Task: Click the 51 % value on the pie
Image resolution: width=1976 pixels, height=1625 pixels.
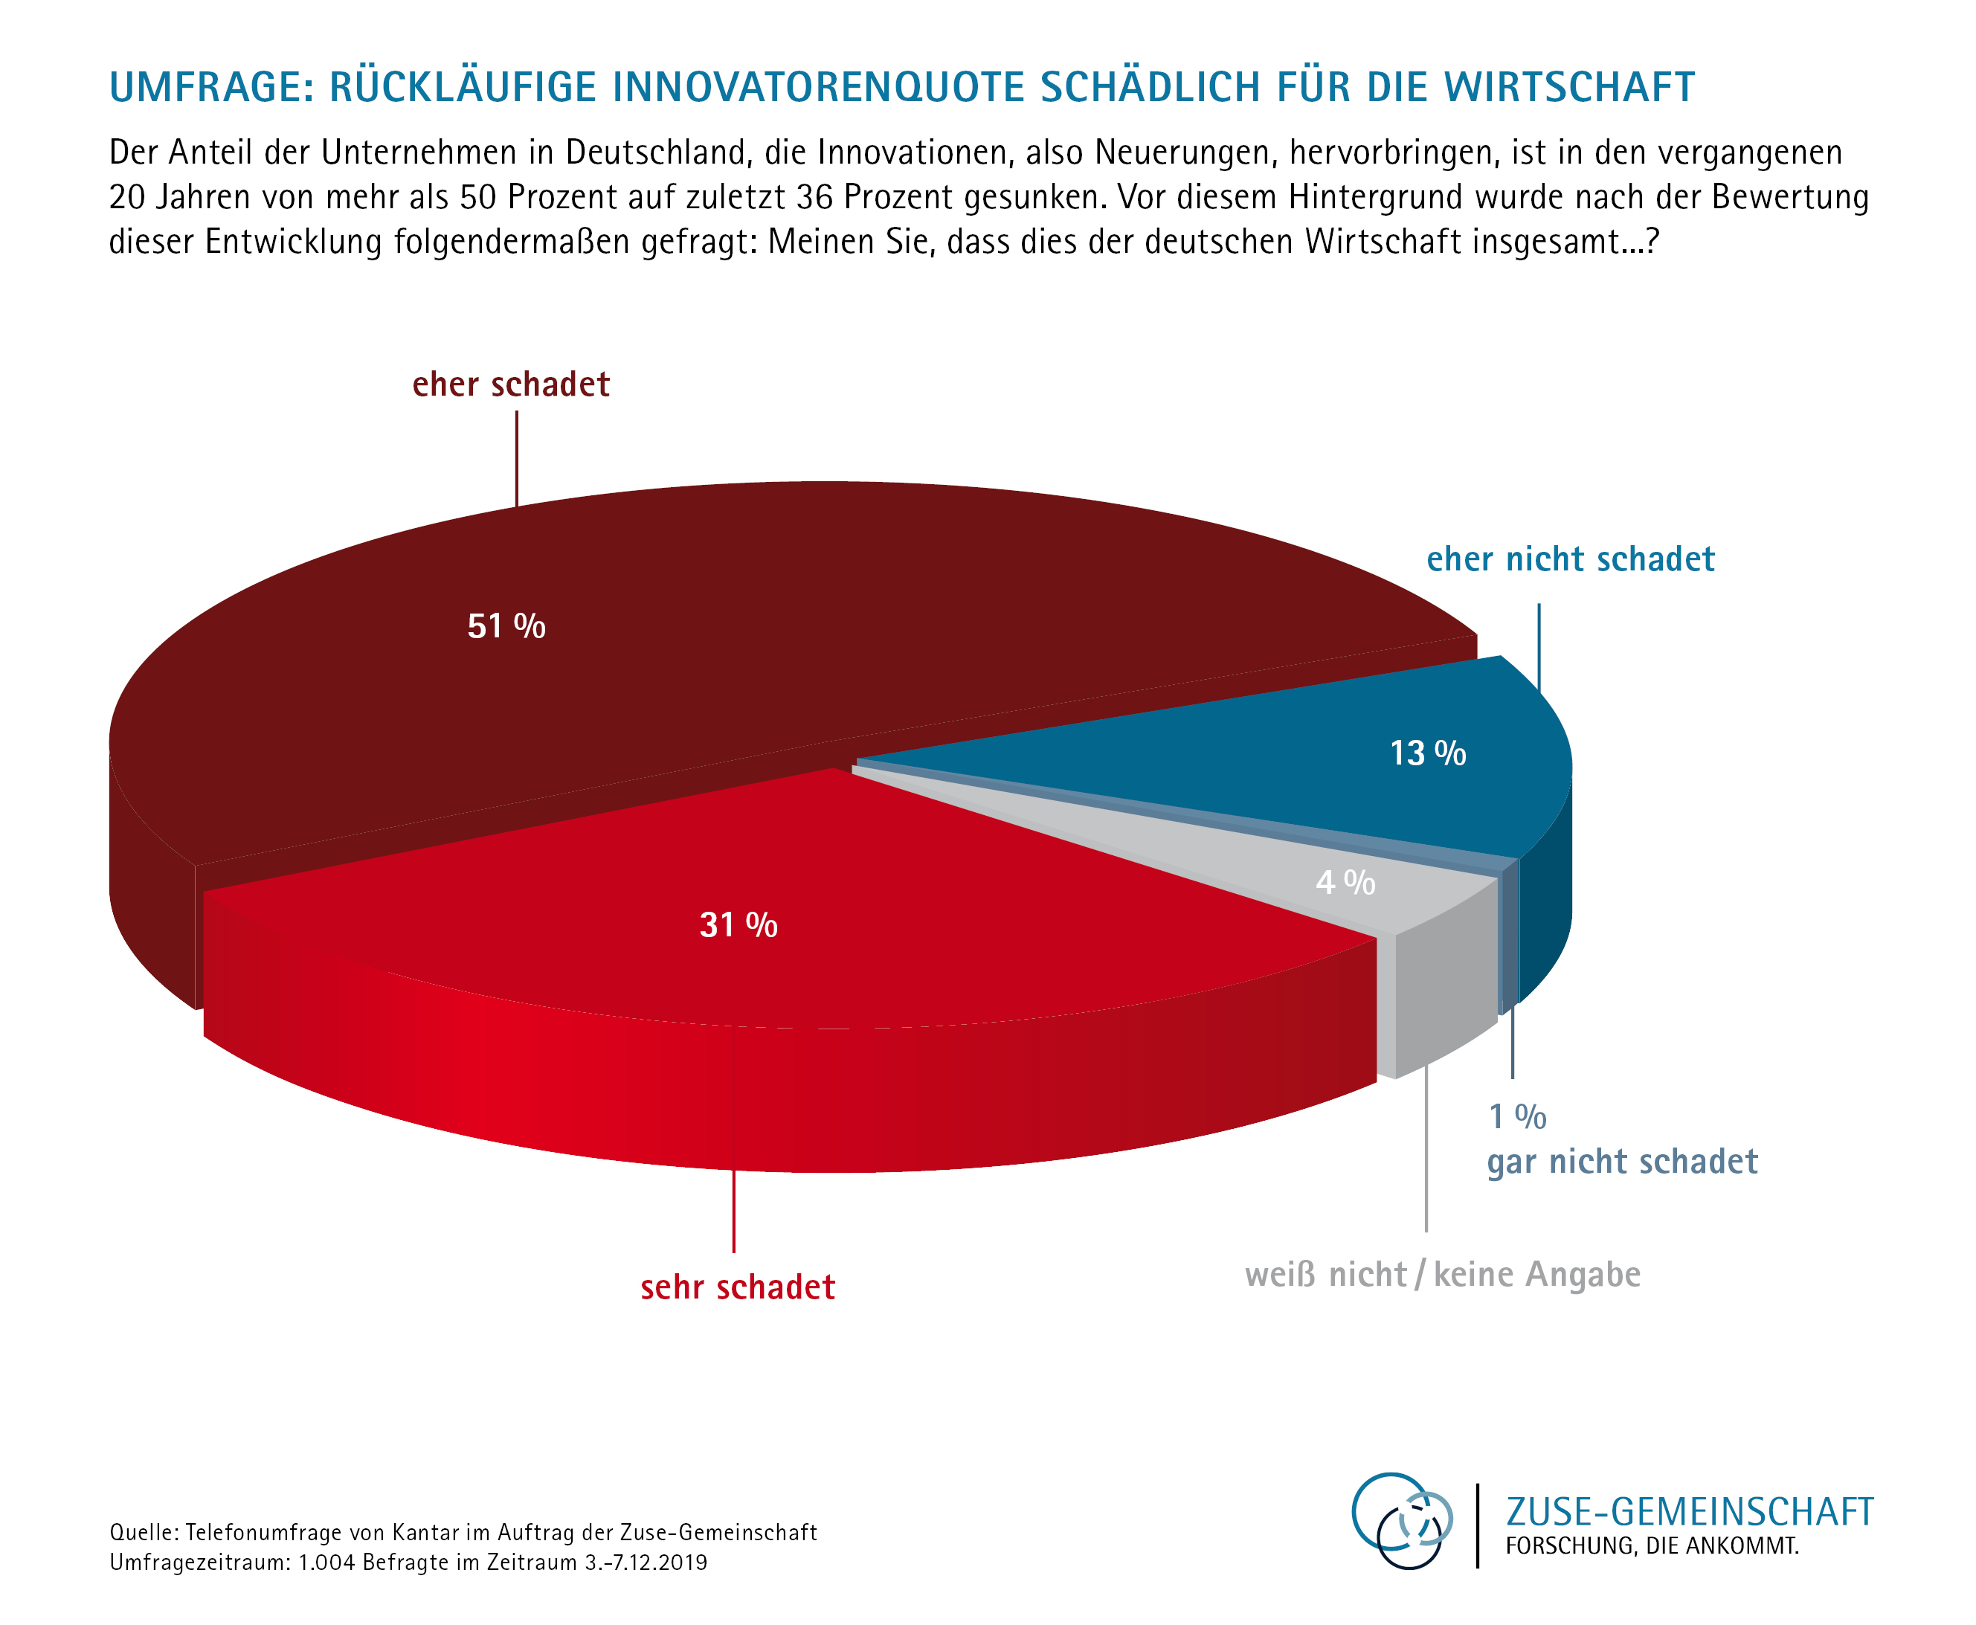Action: coord(506,626)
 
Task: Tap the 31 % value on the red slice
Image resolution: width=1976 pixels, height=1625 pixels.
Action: coord(738,925)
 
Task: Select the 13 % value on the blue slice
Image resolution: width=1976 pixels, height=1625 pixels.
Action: coord(1427,753)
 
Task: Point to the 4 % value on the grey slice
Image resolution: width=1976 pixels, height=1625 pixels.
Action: coord(1345,882)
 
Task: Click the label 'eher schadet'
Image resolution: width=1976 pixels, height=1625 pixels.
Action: coord(511,384)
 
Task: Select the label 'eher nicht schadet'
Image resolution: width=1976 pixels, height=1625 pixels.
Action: coord(1570,560)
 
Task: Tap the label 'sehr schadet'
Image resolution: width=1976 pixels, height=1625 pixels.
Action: coord(738,1287)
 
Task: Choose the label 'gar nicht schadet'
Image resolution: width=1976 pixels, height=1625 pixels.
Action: coord(1622,1162)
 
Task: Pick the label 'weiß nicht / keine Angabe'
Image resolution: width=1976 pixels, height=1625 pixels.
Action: coord(1443,1275)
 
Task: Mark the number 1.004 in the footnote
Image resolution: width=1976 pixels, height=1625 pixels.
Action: coord(326,1563)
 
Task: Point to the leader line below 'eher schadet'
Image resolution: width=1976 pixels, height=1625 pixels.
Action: coord(517,459)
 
